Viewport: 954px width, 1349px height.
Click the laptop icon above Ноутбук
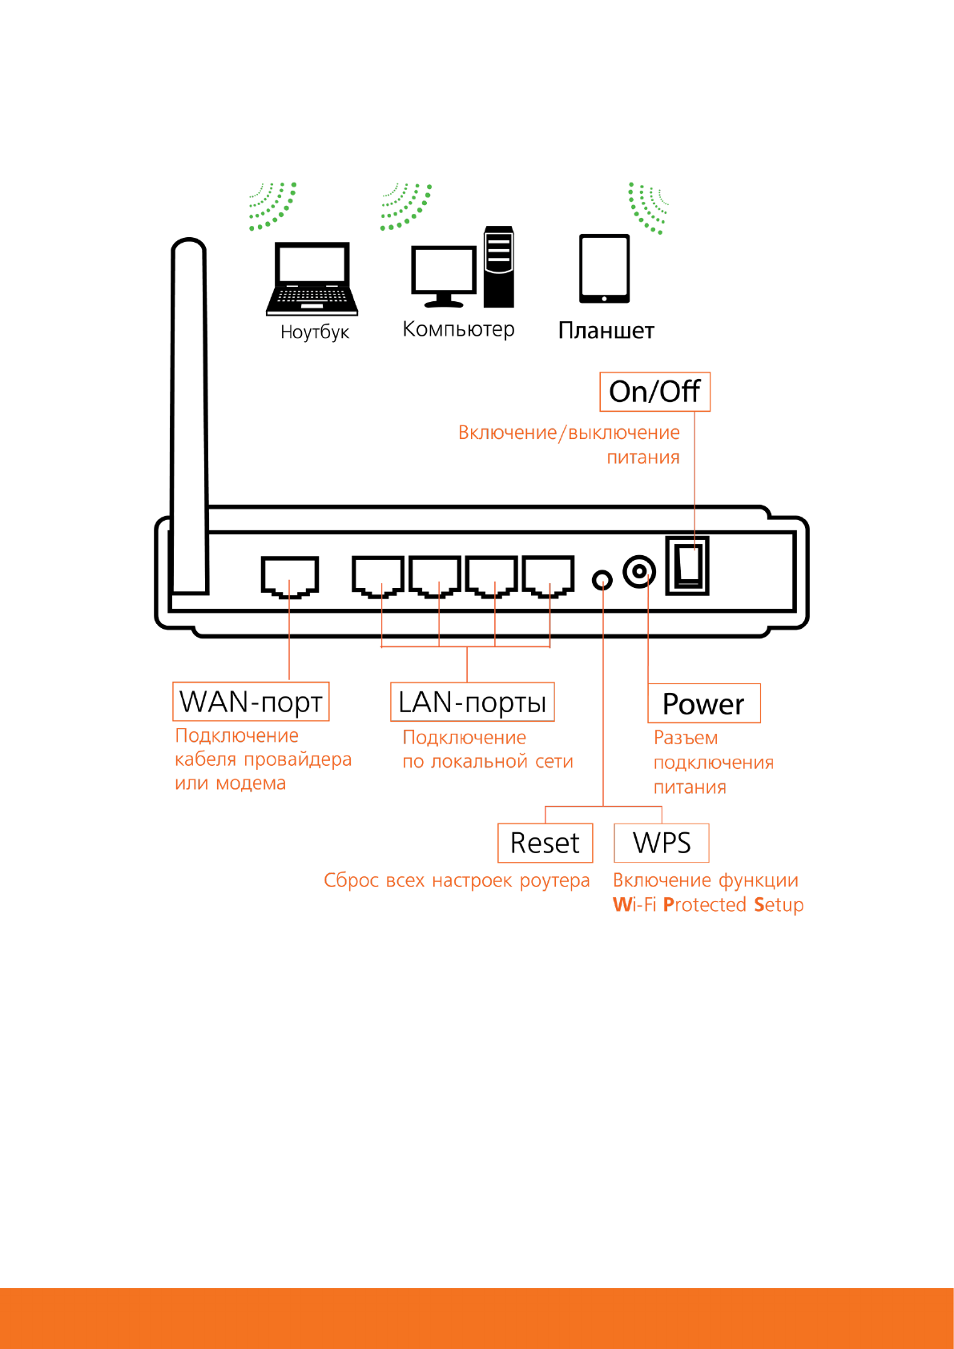coord(312,279)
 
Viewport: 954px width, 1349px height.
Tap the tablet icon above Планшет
coord(604,268)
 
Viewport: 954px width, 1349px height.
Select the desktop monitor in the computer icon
coord(443,272)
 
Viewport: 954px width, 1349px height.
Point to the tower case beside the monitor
coord(498,267)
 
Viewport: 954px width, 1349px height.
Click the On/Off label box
coord(654,392)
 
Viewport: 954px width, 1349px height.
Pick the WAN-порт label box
coord(251,702)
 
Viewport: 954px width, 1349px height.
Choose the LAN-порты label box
coord(472,703)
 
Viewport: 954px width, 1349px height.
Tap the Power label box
coord(703,703)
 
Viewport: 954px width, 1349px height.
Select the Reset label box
coord(545,843)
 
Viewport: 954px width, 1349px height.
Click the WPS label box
coord(661,843)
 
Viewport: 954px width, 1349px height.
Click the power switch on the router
coord(687,566)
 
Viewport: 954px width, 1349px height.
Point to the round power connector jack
coord(639,572)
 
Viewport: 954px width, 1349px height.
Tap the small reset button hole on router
coord(602,579)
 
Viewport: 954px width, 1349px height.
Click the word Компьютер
coord(458,329)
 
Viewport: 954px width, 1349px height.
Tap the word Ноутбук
coord(315,332)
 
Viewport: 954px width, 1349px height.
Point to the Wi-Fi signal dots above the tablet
coord(647,207)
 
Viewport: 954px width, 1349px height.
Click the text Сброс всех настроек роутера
coord(457,880)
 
